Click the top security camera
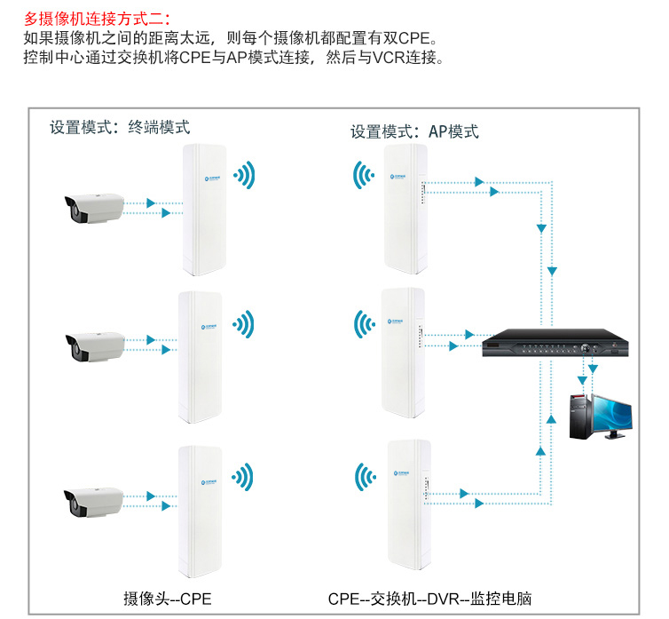92,207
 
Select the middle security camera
94,345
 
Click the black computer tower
579,412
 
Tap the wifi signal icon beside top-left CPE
244,175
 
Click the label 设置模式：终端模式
120,127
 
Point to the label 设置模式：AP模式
414,131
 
